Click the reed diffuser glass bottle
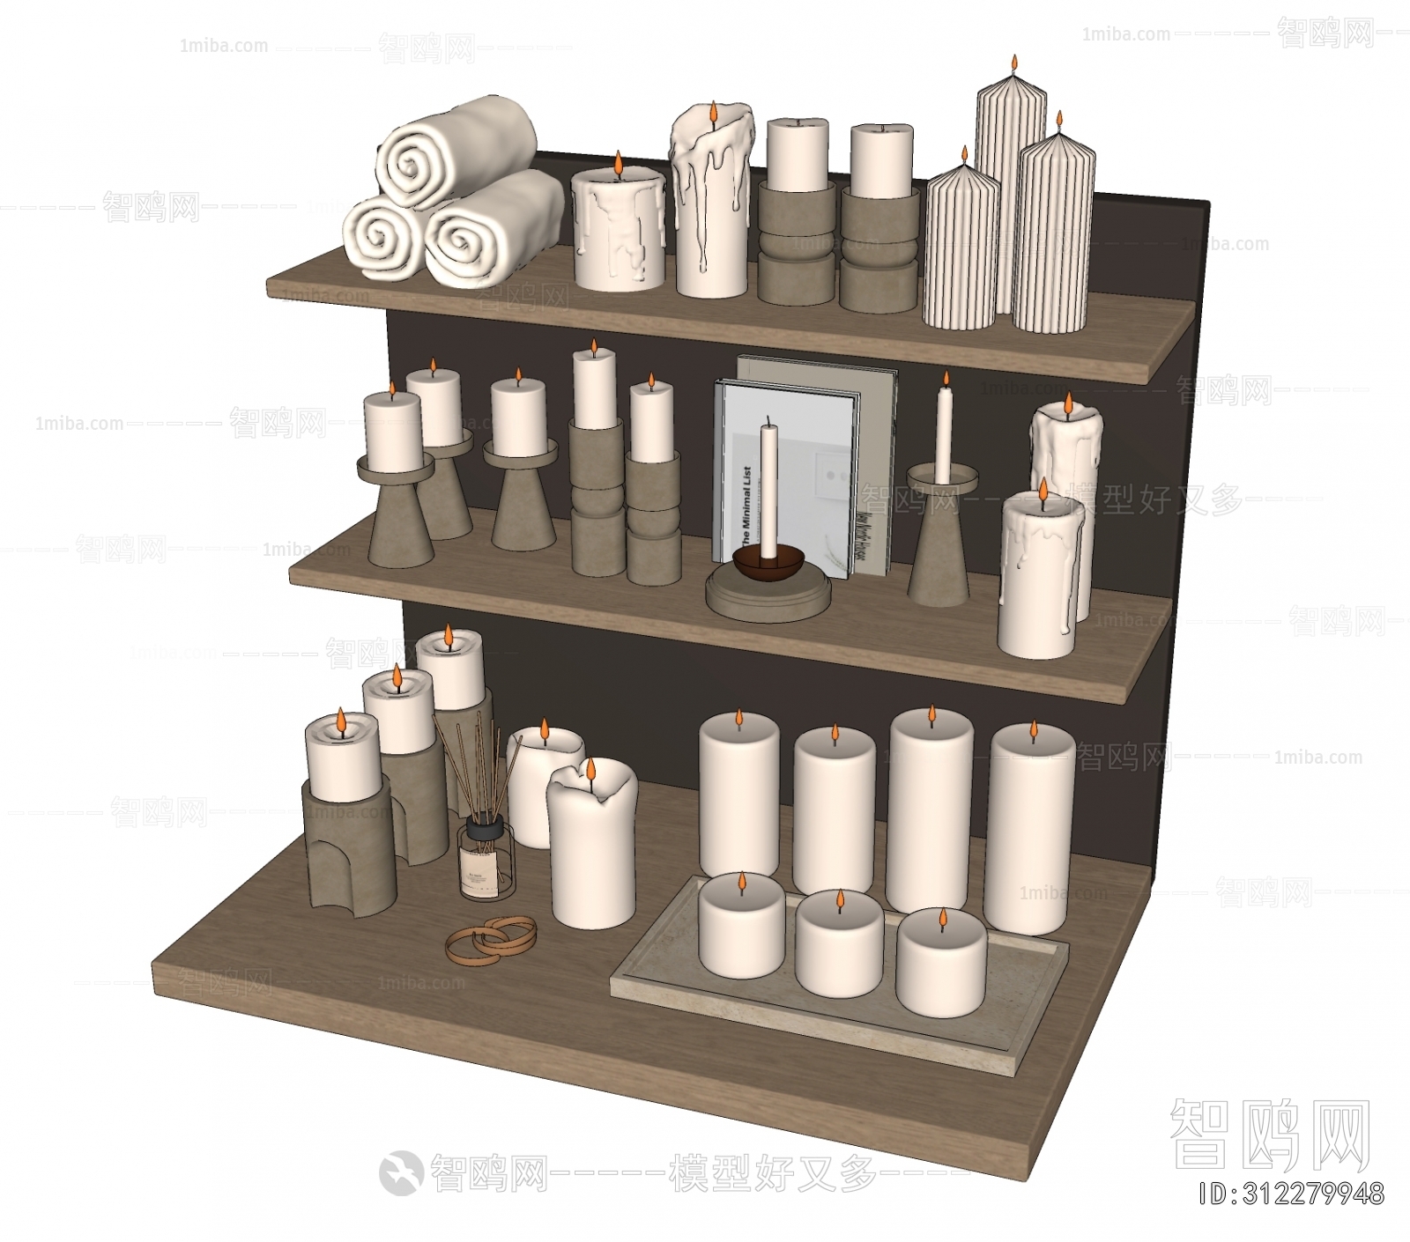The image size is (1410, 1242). point(486,861)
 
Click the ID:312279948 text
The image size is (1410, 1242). point(1291,1194)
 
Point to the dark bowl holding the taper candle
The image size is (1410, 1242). point(768,564)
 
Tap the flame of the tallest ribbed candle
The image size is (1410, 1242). point(1014,63)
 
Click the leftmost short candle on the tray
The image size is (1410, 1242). point(740,927)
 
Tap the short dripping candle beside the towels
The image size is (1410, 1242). point(618,231)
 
